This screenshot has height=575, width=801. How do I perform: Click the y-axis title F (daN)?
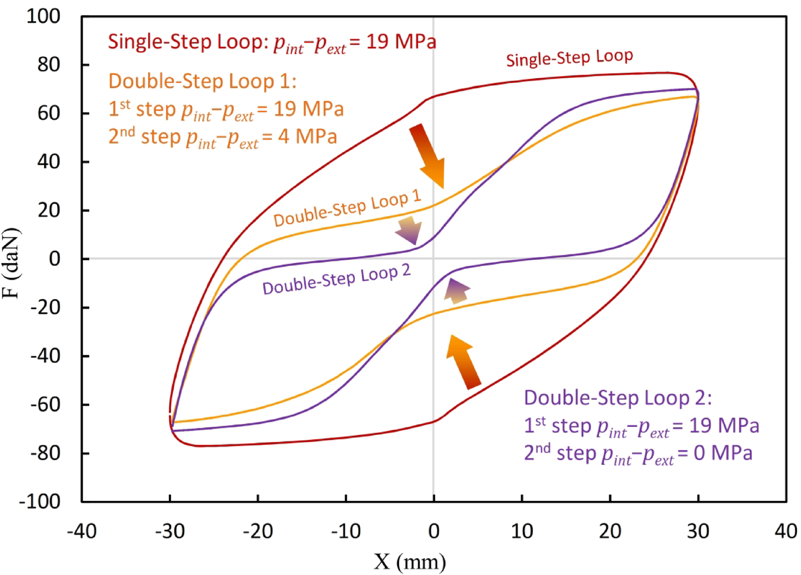[11, 263]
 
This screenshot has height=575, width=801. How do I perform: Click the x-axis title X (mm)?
[410, 562]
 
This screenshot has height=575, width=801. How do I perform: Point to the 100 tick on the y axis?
[43, 16]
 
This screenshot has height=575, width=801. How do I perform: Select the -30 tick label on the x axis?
[169, 531]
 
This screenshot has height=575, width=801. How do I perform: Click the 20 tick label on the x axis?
[610, 531]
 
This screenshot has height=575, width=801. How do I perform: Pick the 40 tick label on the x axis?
[785, 531]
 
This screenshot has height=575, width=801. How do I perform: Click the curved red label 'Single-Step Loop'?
[569, 58]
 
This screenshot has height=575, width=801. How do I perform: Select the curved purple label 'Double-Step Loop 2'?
[336, 279]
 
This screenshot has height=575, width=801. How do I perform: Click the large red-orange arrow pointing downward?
[427, 155]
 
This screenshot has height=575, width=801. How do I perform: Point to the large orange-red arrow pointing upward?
[463, 361]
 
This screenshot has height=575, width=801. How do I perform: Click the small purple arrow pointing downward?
[409, 230]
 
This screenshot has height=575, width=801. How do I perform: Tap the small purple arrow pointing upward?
[457, 291]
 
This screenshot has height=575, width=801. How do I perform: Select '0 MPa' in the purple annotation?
[723, 453]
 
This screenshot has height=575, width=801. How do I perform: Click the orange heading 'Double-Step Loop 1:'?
[202, 81]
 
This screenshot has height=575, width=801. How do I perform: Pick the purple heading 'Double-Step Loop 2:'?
[617, 398]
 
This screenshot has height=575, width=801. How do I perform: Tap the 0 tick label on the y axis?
[54, 259]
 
